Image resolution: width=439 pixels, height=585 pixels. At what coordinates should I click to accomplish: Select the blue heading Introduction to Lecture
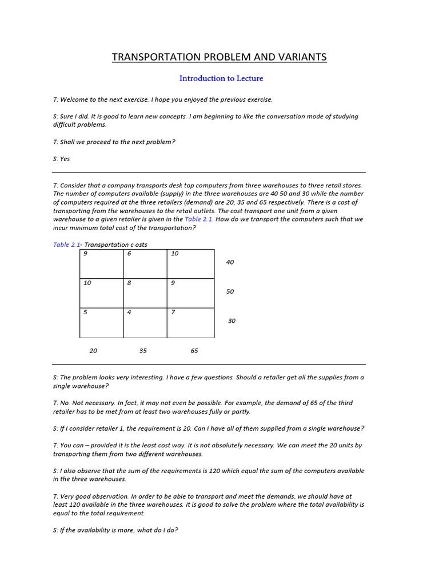click(x=221, y=78)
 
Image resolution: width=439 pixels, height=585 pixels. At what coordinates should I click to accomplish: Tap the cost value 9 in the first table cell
click(x=85, y=254)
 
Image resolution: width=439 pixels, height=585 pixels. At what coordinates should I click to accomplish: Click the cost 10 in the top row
click(x=174, y=254)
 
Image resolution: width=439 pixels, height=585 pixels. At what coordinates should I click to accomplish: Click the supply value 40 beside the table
click(x=230, y=262)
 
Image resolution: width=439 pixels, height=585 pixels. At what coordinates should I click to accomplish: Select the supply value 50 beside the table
click(x=230, y=291)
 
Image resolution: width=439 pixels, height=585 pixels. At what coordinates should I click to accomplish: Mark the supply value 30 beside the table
click(x=232, y=321)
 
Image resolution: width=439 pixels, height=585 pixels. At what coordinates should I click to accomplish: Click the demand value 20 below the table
click(x=93, y=351)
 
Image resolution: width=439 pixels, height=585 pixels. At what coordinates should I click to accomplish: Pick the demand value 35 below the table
click(x=143, y=351)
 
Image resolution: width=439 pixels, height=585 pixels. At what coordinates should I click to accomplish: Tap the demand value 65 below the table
click(x=194, y=351)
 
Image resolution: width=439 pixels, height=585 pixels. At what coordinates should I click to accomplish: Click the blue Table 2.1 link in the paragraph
click(x=199, y=219)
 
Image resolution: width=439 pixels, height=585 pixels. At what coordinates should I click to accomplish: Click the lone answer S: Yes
click(x=61, y=159)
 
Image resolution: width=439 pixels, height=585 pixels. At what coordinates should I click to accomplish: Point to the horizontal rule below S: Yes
click(x=209, y=173)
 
